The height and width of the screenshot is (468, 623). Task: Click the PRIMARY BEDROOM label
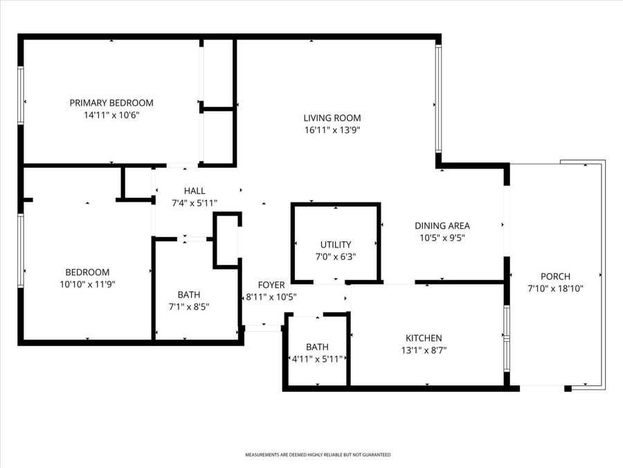click(x=111, y=103)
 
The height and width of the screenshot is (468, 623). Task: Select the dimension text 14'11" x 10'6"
click(x=111, y=115)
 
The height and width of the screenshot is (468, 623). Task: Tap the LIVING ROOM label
click(x=332, y=118)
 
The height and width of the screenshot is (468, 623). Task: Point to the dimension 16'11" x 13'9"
click(x=332, y=130)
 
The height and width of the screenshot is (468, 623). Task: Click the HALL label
click(x=195, y=191)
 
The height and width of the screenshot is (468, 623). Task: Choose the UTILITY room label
click(x=336, y=245)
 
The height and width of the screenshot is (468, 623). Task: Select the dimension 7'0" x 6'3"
click(x=336, y=257)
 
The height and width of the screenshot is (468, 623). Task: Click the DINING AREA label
click(x=442, y=225)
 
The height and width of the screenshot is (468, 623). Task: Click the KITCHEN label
click(x=424, y=338)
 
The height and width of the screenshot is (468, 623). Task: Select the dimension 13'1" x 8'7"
click(x=424, y=349)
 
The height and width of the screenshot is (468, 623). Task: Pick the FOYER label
click(x=271, y=285)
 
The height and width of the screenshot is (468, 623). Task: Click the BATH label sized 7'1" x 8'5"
click(x=189, y=295)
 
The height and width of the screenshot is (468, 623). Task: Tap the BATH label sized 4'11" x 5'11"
click(x=317, y=347)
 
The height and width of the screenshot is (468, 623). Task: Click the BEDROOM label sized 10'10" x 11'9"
click(x=87, y=272)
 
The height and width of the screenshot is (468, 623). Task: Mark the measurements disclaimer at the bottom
click(x=318, y=455)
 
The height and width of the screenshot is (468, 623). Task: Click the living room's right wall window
click(x=438, y=98)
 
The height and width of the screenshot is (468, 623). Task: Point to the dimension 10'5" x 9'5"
click(x=442, y=237)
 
